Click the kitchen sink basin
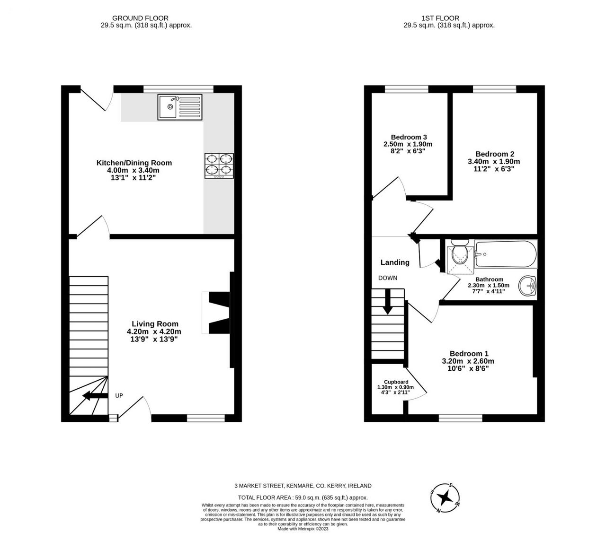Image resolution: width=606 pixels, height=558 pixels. pos(167,107)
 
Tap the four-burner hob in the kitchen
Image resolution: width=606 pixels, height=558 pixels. pos(219,166)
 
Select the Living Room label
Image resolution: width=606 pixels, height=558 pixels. pos(155,324)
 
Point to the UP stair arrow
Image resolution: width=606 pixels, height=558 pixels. pos(95,396)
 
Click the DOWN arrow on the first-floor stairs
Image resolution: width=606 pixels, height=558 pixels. pos(388,302)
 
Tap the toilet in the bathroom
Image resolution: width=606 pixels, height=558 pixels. pos(460,253)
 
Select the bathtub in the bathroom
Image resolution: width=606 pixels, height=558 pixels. pos(505,254)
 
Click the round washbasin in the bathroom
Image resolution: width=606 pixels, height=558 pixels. pos(527,286)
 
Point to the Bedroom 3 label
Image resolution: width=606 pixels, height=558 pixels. pos(409,137)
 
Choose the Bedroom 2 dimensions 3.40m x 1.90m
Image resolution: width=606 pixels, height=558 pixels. pos(494,162)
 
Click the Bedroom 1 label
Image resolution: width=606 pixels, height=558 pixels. pos(469,354)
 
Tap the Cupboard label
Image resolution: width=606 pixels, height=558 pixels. pos(396,382)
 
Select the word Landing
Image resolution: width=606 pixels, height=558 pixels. pos(395,262)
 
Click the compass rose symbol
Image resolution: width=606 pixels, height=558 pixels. pos(445,498)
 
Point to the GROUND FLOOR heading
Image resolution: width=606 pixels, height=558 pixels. pos(140,18)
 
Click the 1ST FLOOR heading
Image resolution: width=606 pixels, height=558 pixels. pos(440,18)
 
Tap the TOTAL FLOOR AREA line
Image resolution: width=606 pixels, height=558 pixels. pos(303,497)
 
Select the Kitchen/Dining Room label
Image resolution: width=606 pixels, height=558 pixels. pos(134,163)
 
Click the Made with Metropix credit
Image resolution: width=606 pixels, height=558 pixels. pos(303,529)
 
